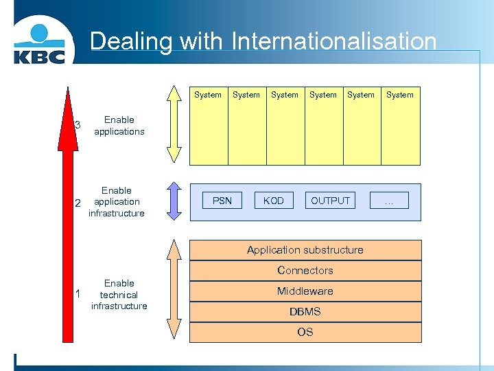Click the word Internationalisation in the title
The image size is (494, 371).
tap(334, 41)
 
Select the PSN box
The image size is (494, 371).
tap(222, 201)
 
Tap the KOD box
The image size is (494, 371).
tap(274, 201)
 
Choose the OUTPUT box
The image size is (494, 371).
tap(331, 201)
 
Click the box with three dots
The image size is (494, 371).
tap(389, 201)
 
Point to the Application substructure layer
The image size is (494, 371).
tap(305, 250)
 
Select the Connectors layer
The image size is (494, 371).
tap(305, 271)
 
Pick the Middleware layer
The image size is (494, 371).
tap(305, 291)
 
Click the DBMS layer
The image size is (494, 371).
tap(305, 312)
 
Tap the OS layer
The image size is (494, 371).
tap(305, 333)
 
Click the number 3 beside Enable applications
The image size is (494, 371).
tap(78, 125)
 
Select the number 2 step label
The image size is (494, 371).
tap(78, 203)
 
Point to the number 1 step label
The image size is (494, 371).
tap(78, 294)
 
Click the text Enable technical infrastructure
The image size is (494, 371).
tap(119, 295)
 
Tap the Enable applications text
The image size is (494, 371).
tap(119, 126)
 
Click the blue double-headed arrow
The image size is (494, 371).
tap(174, 201)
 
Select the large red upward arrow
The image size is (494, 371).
tap(67, 220)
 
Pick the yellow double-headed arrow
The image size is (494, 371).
tap(174, 124)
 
